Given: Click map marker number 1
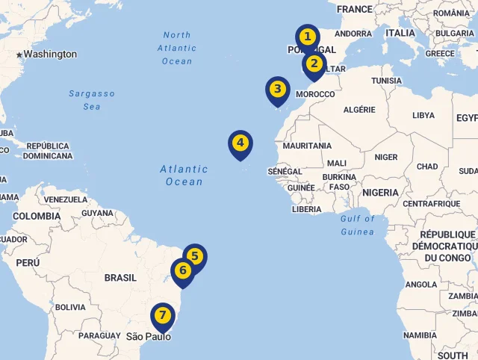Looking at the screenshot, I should (307, 37).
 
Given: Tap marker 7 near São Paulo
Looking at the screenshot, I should (162, 317).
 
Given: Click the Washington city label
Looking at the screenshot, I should (50, 55).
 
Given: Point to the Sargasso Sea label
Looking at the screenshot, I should (92, 100).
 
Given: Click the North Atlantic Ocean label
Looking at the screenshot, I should (177, 48).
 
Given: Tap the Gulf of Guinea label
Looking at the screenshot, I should (357, 225).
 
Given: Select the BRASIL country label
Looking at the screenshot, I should (120, 278).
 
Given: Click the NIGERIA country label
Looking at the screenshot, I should (381, 193).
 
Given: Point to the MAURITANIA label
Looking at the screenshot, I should (307, 146).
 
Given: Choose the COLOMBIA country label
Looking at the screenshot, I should (37, 217).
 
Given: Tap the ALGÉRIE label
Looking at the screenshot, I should (359, 110).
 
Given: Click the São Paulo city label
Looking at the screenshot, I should (148, 337).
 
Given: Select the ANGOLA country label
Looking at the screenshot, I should (421, 285).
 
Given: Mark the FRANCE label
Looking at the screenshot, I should (354, 9).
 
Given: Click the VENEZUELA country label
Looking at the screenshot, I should (66, 200).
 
